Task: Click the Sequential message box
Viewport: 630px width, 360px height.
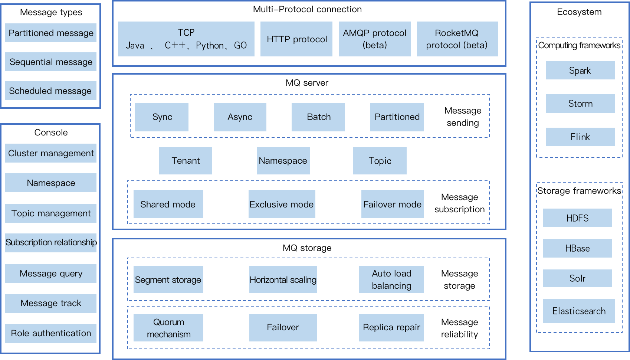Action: coord(50,62)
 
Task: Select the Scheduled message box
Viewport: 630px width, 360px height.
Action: coord(50,91)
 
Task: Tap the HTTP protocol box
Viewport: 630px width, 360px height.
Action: coord(296,39)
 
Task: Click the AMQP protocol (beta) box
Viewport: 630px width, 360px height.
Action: coord(375,39)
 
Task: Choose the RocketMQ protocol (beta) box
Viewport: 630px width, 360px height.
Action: coord(457,39)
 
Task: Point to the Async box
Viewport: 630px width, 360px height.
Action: coord(240,117)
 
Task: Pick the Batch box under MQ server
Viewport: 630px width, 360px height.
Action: coord(318,117)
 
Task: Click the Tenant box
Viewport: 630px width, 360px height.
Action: coord(186,161)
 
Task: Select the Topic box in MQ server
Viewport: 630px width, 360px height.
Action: coord(380,161)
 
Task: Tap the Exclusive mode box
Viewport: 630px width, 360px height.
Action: coord(282,204)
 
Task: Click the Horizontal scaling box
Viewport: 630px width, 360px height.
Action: coord(283,279)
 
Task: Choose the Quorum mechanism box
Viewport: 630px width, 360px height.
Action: coord(168,328)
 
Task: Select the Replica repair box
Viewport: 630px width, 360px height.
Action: coord(391,328)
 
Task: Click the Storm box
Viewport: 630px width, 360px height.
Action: coord(581,104)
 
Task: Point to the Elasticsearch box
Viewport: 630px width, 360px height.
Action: coord(579,311)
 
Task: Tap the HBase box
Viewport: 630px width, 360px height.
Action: coord(577,248)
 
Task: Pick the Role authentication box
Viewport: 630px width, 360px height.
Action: coord(50,333)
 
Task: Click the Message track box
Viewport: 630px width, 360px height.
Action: coord(50,304)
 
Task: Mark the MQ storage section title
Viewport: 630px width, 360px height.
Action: coord(307,248)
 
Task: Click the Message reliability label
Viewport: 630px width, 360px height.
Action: coord(459,328)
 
